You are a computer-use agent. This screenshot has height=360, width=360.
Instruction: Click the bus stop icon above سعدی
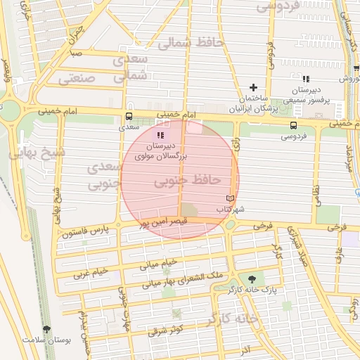[x=129, y=117]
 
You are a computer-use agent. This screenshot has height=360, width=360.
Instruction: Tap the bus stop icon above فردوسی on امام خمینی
[x=292, y=124]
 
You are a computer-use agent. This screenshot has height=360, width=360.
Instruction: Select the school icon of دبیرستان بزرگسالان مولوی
[x=160, y=135]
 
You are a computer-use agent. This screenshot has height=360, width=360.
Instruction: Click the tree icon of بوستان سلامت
[x=46, y=328]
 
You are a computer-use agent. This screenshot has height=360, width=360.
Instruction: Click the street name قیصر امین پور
[x=162, y=222]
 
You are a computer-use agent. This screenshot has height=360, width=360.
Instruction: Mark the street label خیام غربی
[x=91, y=271]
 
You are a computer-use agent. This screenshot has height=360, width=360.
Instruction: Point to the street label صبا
[x=75, y=53]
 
